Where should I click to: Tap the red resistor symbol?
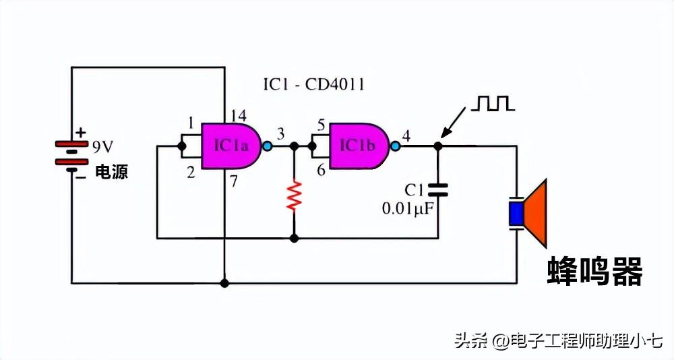pos(293,196)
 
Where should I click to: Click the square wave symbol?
pos(493,103)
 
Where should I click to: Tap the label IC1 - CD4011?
pos(314,85)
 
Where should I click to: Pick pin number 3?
pos(280,133)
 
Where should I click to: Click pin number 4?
pos(406,136)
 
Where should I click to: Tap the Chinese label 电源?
pos(111,172)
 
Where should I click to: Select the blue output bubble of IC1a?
pos(267,146)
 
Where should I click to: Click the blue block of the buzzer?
pos(516,213)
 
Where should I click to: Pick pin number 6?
pos(321,171)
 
